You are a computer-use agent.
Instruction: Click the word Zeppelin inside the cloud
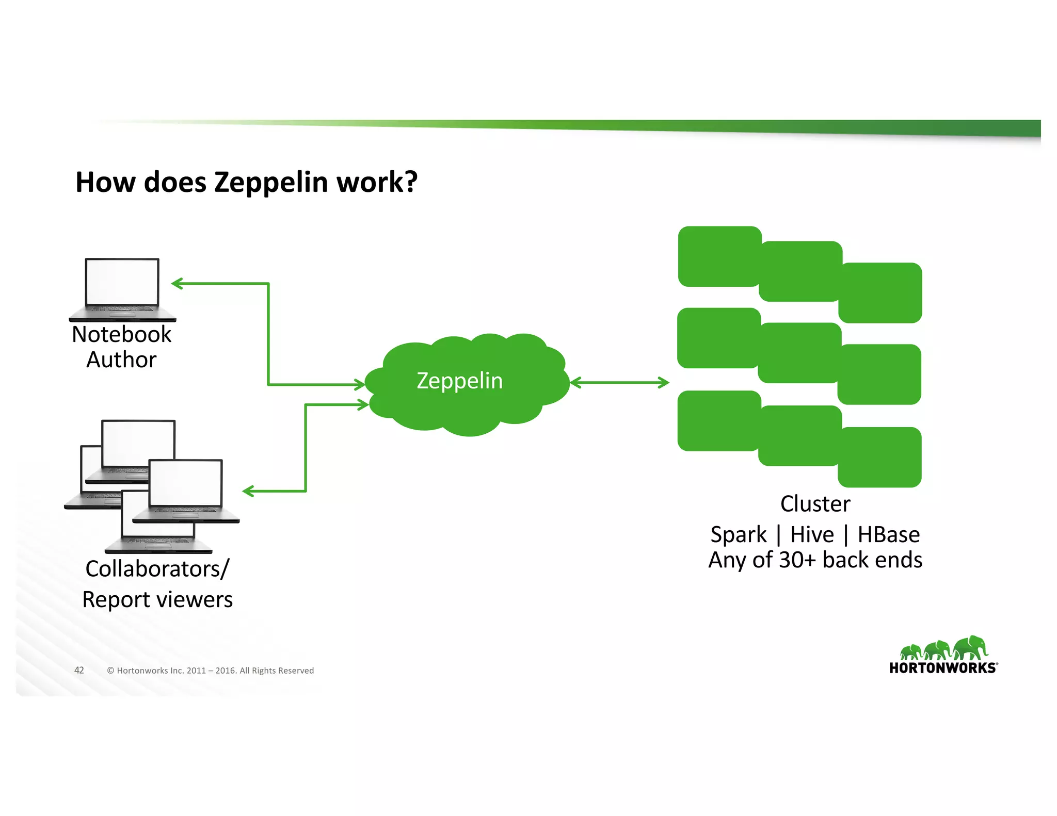(x=459, y=381)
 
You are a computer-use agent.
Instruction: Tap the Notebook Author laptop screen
(x=122, y=282)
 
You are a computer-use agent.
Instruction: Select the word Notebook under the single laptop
(x=121, y=334)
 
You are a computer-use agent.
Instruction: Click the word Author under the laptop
(x=121, y=360)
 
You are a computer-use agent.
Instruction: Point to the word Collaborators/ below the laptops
(x=157, y=569)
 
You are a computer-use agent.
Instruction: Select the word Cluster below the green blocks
(x=815, y=504)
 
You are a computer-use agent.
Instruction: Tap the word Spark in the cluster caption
(x=738, y=535)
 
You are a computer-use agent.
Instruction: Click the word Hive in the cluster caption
(x=812, y=535)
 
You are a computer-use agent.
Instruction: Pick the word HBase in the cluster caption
(x=888, y=535)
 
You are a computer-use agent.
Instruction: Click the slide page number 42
(x=79, y=670)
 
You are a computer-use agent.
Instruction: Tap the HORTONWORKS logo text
(x=942, y=668)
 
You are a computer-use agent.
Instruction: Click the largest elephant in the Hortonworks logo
(x=970, y=647)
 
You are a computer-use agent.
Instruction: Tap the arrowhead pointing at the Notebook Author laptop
(x=177, y=283)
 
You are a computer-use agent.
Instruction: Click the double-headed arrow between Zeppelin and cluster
(x=619, y=383)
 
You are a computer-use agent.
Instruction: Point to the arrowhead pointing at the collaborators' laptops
(x=249, y=491)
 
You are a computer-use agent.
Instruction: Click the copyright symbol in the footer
(x=110, y=671)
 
